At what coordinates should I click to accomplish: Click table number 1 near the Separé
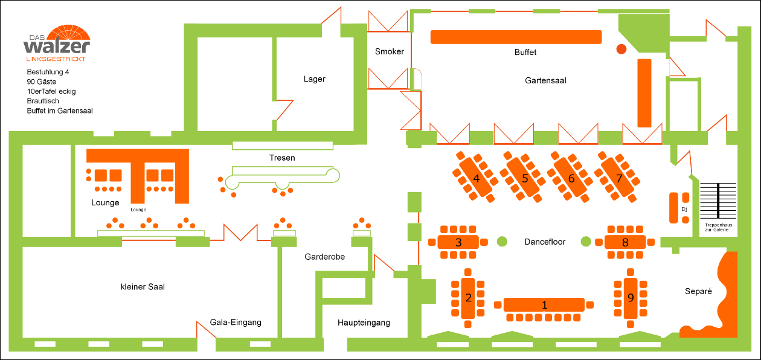544,304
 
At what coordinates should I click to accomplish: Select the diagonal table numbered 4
476,178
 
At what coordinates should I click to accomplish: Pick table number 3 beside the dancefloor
458,242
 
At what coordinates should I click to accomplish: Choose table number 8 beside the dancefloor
625,242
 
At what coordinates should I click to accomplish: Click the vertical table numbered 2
468,298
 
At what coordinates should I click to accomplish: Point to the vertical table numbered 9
631,298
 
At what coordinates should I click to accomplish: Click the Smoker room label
390,51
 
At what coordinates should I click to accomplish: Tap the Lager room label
314,79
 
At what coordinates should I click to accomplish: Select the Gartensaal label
545,80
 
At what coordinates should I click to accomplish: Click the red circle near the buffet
621,49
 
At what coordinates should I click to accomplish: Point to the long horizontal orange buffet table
516,37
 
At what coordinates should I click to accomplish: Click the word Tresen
282,158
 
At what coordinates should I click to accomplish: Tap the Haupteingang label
364,323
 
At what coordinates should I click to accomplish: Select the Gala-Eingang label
236,323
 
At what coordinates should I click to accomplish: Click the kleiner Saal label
143,287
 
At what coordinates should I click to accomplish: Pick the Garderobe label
324,257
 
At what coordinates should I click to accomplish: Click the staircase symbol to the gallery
718,201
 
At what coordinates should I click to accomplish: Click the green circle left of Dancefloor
502,242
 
